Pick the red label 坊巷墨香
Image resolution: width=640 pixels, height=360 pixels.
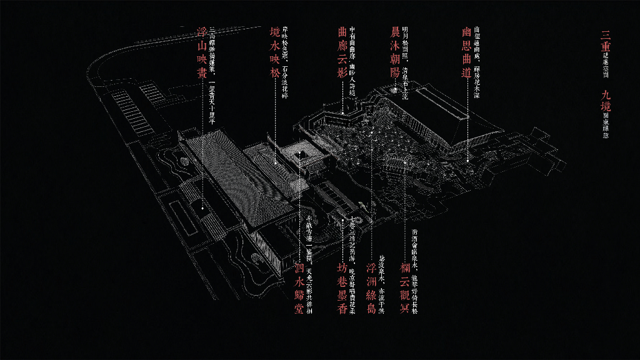(x=342, y=288)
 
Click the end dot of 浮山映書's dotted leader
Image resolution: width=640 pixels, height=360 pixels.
(x=202, y=207)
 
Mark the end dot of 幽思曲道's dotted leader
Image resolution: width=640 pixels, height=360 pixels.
(x=467, y=160)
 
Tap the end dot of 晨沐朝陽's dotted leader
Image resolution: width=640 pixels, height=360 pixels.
(x=395, y=91)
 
